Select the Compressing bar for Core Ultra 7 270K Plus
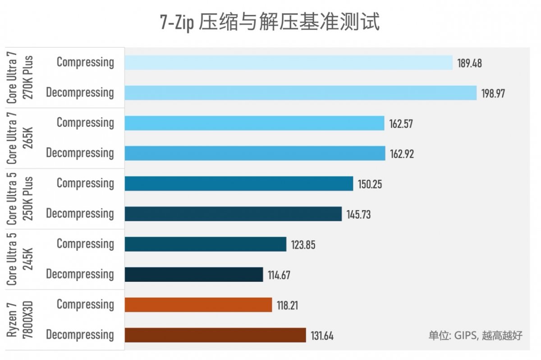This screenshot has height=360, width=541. point(289,63)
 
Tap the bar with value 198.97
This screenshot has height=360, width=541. point(301,93)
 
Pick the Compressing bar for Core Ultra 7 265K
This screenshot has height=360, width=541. point(254,123)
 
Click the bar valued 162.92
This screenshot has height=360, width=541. point(255,153)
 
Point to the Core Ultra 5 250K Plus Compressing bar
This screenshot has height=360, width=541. point(239,184)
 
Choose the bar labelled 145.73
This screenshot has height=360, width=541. point(233,214)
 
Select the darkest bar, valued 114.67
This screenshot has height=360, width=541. point(194,274)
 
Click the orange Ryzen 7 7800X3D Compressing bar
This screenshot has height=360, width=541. point(198,305)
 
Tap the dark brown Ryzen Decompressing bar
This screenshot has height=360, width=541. point(215,335)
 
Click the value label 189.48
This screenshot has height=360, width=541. point(469,63)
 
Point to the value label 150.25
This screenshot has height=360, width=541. point(370,184)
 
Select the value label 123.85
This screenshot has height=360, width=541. point(303,245)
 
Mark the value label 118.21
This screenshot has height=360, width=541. point(289,305)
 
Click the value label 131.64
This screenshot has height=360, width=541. point(322,335)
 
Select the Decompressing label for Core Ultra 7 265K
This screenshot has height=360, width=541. point(80,153)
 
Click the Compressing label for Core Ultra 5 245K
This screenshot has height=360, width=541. point(85,244)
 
